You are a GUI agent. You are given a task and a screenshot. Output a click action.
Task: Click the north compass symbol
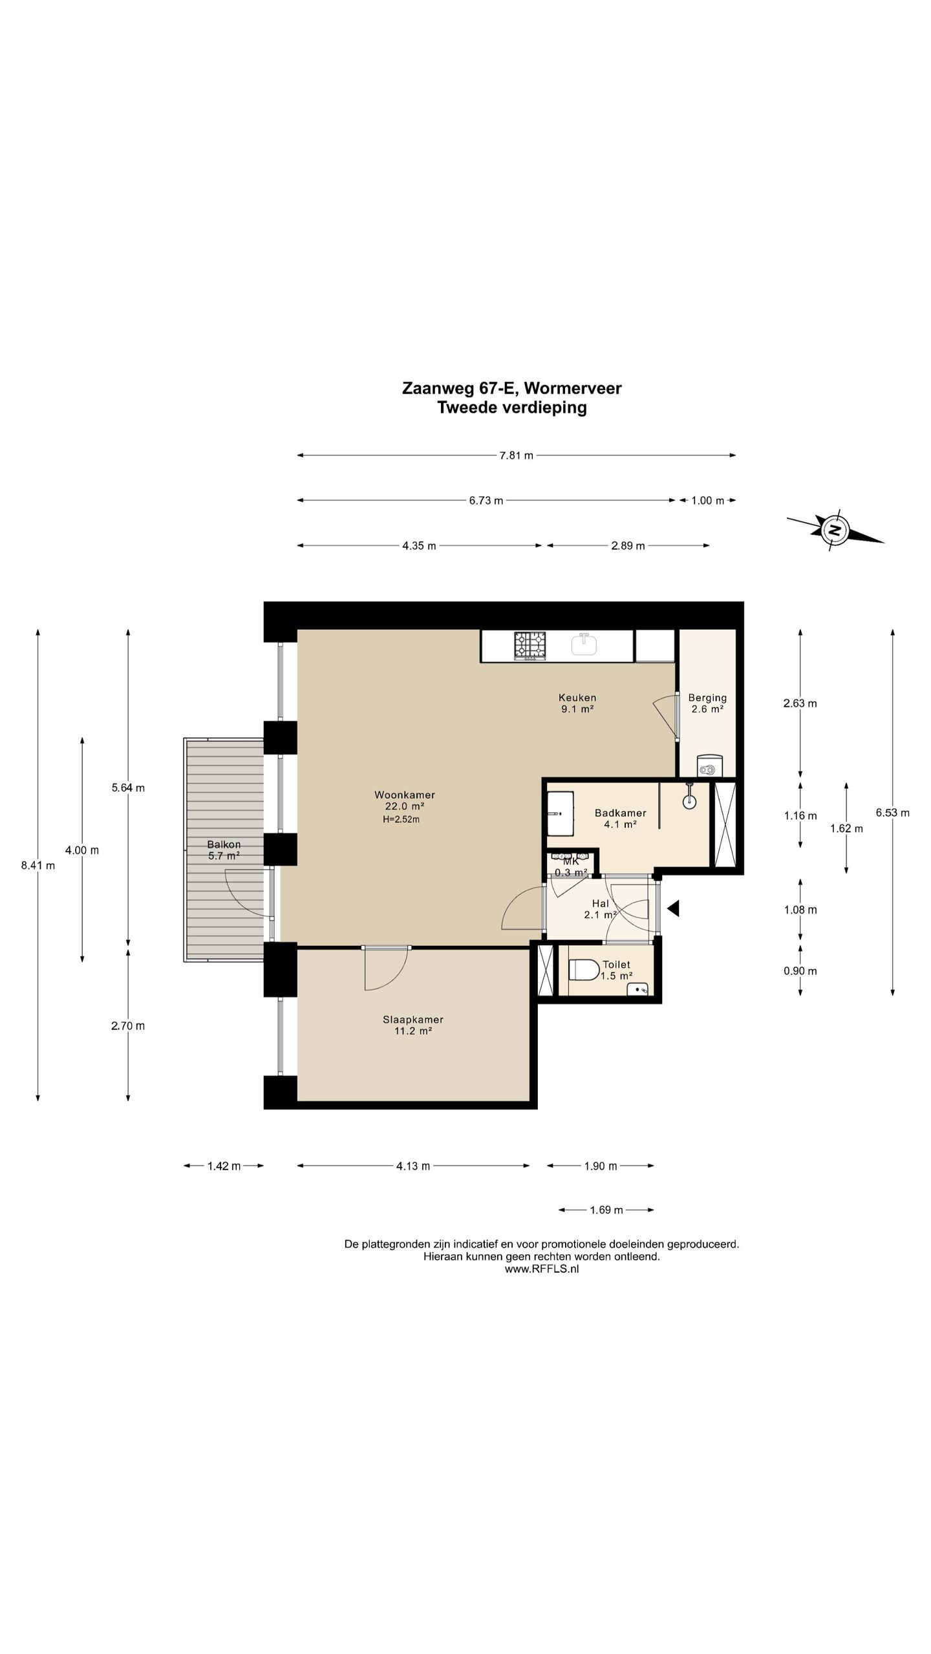(835, 530)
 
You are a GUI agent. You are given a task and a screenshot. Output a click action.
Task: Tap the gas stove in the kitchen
(530, 645)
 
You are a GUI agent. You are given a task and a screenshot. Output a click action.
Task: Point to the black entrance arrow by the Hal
(673, 908)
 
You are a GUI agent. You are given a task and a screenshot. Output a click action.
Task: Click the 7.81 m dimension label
(516, 455)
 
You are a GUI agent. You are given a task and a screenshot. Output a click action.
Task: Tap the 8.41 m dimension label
(38, 866)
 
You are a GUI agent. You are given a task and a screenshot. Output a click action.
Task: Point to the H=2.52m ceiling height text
(401, 819)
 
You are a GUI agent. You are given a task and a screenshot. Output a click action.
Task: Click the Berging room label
(707, 698)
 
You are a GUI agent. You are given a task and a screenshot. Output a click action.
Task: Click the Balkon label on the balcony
(224, 844)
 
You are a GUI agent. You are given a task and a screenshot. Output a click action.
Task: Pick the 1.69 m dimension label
(606, 1209)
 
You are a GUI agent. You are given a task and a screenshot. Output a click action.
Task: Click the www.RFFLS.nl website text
(542, 1268)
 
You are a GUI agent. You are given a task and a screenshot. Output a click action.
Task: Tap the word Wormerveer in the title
(573, 388)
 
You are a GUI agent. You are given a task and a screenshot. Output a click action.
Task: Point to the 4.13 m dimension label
(413, 1166)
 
